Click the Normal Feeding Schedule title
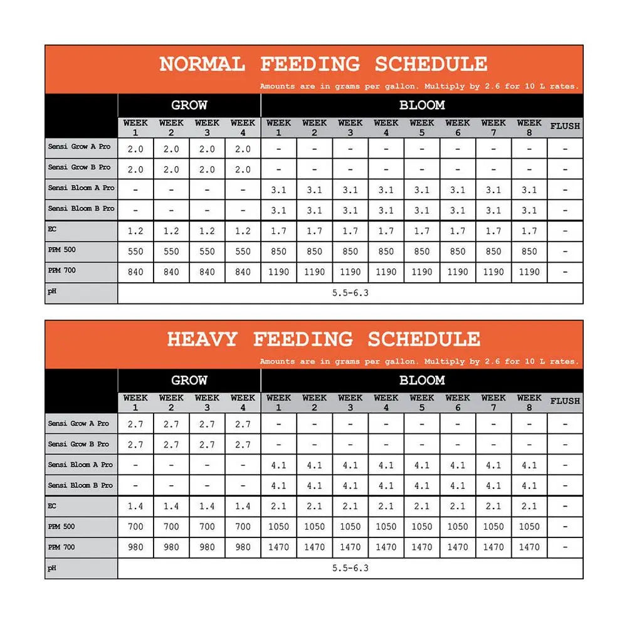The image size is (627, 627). pyautogui.click(x=323, y=64)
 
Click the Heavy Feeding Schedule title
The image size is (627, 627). pyautogui.click(x=323, y=339)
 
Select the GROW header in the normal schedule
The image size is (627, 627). pyautogui.click(x=189, y=105)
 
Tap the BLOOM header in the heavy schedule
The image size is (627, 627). pyautogui.click(x=421, y=381)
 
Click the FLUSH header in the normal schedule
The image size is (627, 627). pyautogui.click(x=565, y=127)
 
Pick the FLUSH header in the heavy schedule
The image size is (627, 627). pyautogui.click(x=565, y=401)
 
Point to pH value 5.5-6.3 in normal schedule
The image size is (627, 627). pyautogui.click(x=350, y=293)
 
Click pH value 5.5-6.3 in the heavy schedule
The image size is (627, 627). pyautogui.click(x=350, y=569)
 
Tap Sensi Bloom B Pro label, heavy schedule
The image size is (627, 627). pyautogui.click(x=81, y=485)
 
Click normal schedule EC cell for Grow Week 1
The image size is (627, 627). pyautogui.click(x=135, y=231)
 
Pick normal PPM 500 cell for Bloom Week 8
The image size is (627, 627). pyautogui.click(x=529, y=252)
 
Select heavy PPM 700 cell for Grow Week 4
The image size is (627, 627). pyautogui.click(x=243, y=547)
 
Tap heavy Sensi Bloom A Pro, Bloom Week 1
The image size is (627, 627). pyautogui.click(x=278, y=465)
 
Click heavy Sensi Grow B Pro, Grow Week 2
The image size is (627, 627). pyautogui.click(x=171, y=445)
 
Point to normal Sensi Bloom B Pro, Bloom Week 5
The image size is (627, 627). pyautogui.click(x=422, y=211)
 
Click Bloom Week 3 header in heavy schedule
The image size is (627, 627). pyautogui.click(x=350, y=402)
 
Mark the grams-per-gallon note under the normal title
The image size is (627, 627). pyautogui.click(x=419, y=87)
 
